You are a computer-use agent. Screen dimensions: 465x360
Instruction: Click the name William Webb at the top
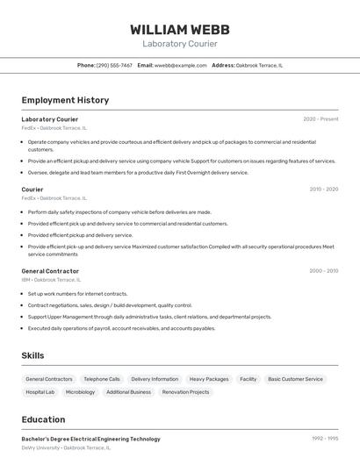[x=179, y=29]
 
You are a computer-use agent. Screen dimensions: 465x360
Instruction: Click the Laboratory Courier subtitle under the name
[x=179, y=44]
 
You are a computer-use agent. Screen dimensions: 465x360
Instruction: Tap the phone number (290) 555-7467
[x=114, y=65]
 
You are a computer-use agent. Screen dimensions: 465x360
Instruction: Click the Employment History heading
[x=65, y=100]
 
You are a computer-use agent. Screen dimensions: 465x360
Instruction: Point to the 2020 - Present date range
[x=320, y=119]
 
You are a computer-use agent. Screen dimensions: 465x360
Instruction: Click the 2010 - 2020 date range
[x=323, y=189]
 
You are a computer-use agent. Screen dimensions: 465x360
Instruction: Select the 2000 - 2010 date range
[x=323, y=271]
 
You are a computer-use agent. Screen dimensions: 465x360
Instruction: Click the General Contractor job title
[x=50, y=271]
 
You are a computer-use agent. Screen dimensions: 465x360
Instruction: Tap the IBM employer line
[x=51, y=280]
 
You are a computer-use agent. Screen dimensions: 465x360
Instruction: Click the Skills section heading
[x=32, y=355]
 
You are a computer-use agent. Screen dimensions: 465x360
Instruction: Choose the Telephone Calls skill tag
[x=102, y=379]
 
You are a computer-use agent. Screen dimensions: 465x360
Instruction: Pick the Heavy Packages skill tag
[x=209, y=379]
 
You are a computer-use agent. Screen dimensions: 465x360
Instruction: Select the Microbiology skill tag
[x=80, y=392]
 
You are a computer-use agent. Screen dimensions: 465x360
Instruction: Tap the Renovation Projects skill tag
[x=186, y=392]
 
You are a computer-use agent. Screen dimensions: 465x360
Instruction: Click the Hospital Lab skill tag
[x=40, y=392]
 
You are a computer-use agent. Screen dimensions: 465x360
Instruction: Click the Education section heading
[x=43, y=419]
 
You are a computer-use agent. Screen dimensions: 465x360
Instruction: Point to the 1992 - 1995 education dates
[x=324, y=439]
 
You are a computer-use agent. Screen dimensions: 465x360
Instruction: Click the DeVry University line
[x=66, y=447]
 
